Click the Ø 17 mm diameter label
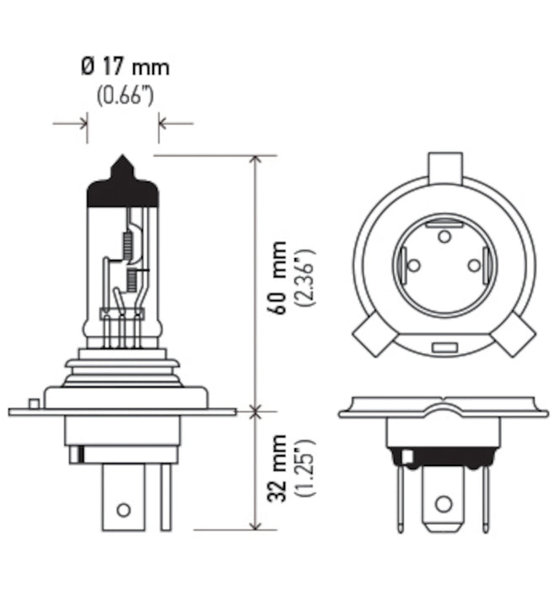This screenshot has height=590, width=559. click(x=124, y=65)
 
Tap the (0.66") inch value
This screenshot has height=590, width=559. click(x=124, y=95)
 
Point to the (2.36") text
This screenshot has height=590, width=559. click(x=306, y=277)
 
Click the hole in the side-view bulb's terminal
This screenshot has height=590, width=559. click(x=124, y=509)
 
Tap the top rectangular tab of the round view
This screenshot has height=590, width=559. click(x=445, y=168)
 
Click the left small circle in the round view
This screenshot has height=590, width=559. click(x=413, y=265)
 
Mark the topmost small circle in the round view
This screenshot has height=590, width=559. click(x=444, y=237)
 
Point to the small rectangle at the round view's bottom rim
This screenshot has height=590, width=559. click(x=444, y=347)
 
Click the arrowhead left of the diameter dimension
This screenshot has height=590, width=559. click(x=83, y=124)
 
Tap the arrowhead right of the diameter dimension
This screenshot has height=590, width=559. click(x=164, y=124)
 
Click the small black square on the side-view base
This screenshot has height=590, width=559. click(x=77, y=455)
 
